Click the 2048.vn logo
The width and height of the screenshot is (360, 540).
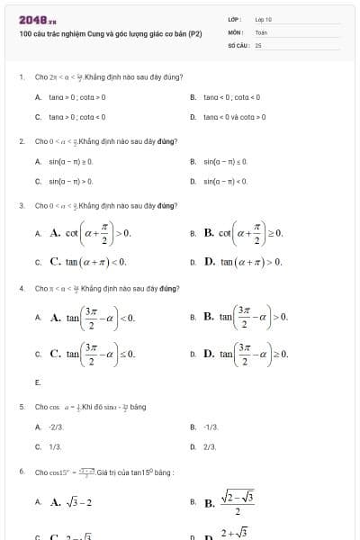coord(37,20)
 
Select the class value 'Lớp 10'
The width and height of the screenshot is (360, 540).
coord(263,19)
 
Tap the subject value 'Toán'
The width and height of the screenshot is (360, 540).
coord(261,31)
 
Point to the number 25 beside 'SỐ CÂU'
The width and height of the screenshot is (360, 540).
coord(258,43)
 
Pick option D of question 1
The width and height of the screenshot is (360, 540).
coord(234,116)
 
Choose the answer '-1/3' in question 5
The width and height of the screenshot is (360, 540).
coord(211,426)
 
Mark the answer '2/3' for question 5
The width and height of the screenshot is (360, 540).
coord(211,445)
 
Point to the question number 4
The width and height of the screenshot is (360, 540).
coord(21,288)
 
